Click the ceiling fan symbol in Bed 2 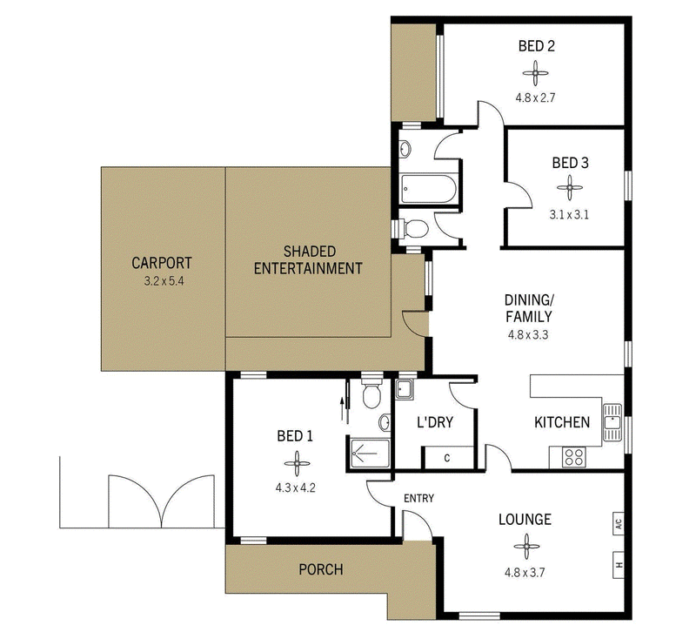(535, 73)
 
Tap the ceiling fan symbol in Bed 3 (570, 187)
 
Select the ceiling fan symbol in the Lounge (526, 547)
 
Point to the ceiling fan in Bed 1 (297, 464)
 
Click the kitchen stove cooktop (574, 457)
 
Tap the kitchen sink (613, 422)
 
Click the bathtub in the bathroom (428, 189)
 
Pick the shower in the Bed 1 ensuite (371, 453)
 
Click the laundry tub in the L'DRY (404, 389)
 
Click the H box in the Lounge (619, 565)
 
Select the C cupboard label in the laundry (447, 458)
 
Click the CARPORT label (162, 263)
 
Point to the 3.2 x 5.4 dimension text (164, 281)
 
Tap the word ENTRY (418, 498)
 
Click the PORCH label (321, 569)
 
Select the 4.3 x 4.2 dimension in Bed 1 (296, 488)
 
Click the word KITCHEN (562, 422)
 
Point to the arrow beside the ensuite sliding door (342, 409)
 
